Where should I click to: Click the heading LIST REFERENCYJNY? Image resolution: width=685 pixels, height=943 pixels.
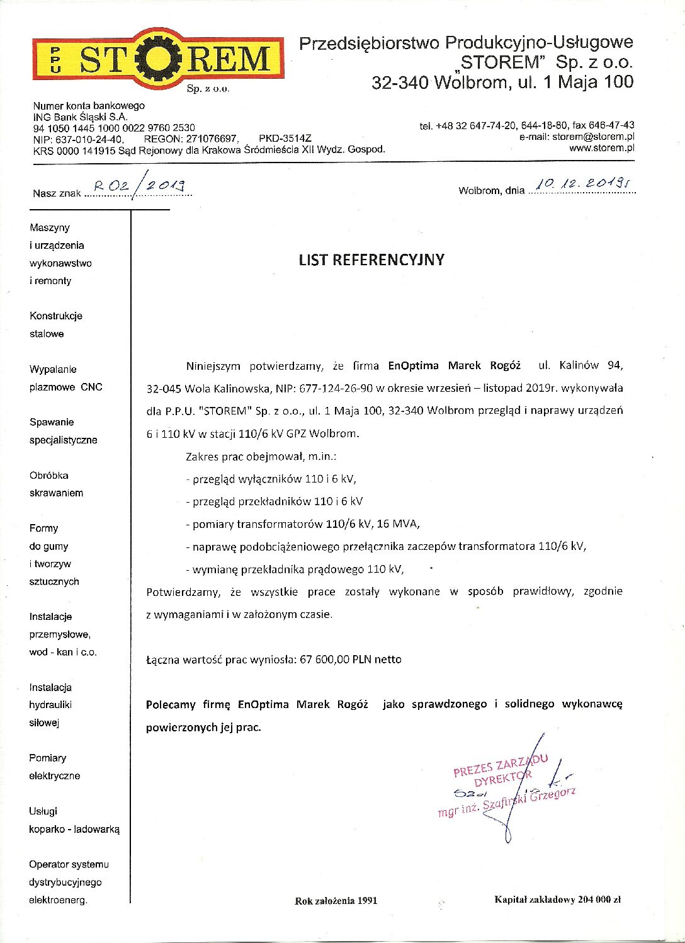(371, 260)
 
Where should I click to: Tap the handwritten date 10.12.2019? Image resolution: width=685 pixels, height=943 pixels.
(583, 183)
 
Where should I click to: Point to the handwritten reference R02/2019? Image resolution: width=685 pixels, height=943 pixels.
(139, 185)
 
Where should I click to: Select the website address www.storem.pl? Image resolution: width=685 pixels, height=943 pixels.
(601, 148)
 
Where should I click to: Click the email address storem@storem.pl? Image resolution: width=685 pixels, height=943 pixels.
(593, 137)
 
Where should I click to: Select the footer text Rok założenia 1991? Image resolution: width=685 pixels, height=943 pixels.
(336, 900)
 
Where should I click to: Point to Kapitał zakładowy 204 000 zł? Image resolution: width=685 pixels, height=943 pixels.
(557, 900)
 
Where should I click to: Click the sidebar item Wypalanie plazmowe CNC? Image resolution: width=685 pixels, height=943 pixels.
(65, 378)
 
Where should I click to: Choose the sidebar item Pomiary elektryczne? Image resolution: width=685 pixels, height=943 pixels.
(54, 767)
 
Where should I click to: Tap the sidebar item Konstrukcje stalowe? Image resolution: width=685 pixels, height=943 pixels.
(55, 324)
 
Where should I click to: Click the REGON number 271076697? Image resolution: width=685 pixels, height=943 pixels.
(212, 139)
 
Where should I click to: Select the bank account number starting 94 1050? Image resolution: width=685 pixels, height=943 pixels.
(114, 128)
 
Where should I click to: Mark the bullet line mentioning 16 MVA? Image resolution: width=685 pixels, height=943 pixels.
(303, 524)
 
